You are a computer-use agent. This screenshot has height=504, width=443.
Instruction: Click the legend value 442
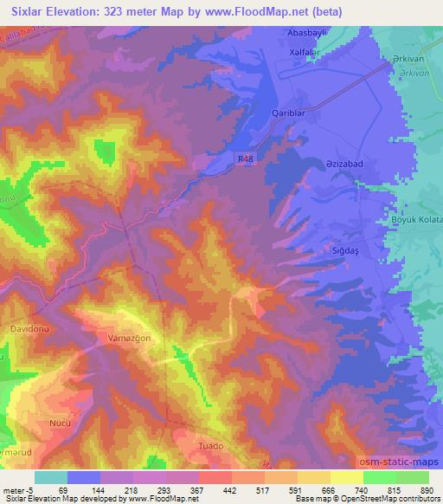pos(230,489)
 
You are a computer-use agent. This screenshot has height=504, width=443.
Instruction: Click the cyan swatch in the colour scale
pos(50,477)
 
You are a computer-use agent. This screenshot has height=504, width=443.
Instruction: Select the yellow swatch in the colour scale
pos(346,477)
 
